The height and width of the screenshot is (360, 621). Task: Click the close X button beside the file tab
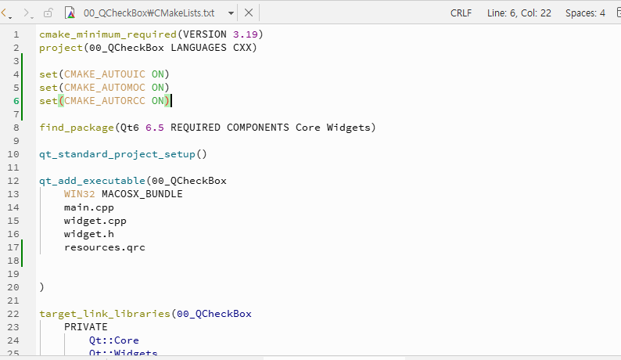tap(249, 13)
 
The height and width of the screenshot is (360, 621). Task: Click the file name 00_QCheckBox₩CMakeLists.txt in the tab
tap(149, 13)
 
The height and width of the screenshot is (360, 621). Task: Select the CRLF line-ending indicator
tap(461, 13)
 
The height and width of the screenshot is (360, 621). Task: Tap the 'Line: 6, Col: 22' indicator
tap(519, 13)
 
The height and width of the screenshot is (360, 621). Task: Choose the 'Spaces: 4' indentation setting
tap(585, 13)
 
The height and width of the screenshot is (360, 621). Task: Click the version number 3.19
tap(245, 34)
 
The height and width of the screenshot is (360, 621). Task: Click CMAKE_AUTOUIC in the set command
tap(105, 74)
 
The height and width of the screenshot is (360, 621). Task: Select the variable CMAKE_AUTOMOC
tap(105, 87)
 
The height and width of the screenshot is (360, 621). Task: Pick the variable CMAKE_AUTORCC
tap(105, 101)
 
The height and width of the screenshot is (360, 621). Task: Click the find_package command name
tap(77, 128)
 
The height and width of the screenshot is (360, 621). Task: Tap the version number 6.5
tap(154, 128)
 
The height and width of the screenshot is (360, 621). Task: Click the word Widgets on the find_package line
tap(348, 128)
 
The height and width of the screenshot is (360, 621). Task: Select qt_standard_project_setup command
tap(117, 154)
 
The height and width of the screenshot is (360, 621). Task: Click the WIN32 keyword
tap(79, 194)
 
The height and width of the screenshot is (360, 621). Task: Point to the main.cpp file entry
tap(88, 207)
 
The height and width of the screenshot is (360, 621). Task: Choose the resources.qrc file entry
tap(105, 247)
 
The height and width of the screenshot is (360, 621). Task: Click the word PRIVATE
tap(85, 327)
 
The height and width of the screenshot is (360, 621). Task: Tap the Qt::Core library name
tap(114, 340)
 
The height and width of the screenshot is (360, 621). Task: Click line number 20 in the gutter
tap(13, 287)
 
